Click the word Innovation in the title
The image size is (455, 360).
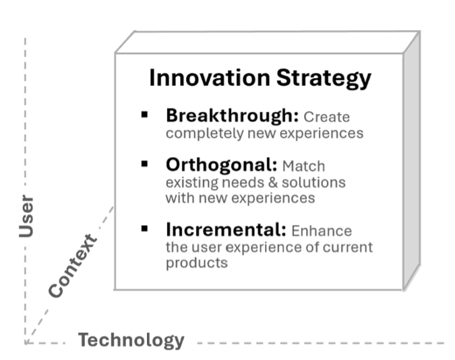(x=203, y=78)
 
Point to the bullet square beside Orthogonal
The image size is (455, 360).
(x=144, y=164)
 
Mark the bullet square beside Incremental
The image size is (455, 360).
(x=144, y=229)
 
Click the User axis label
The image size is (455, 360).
(x=26, y=217)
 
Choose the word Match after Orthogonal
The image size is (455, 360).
(x=303, y=166)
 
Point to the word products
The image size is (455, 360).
(x=196, y=263)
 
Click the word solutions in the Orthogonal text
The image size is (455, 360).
(x=316, y=183)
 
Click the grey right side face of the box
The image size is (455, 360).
(x=411, y=162)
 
